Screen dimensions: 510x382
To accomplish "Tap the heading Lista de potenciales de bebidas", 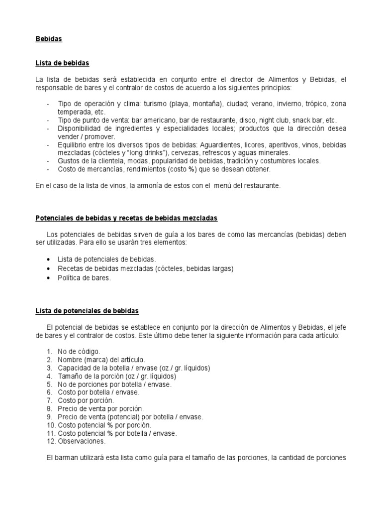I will click(x=87, y=311).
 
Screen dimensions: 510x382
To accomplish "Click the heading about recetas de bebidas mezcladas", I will click(x=126, y=218).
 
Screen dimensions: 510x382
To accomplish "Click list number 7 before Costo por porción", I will click(x=49, y=400).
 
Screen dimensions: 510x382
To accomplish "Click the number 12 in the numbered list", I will click(x=50, y=441).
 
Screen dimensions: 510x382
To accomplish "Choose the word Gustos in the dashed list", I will click(x=70, y=161).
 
